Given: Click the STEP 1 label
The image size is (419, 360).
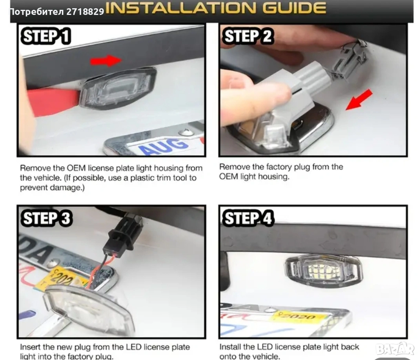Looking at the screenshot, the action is point(46,36).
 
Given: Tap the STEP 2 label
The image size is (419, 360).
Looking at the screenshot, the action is point(248,36).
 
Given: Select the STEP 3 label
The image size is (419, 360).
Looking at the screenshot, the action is point(47,218).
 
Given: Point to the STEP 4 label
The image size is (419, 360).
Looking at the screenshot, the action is point(248,218).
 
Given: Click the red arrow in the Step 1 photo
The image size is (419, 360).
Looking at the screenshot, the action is point(106,61).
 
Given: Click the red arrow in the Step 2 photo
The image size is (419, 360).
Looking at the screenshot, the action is point(359,100).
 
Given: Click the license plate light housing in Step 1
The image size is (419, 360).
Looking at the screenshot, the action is point(118,88).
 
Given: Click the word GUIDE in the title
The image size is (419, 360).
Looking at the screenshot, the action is point(294,8).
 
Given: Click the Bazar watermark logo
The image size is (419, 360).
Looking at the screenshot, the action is point(395,349).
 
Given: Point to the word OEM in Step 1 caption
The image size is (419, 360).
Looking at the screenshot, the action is point(76,168).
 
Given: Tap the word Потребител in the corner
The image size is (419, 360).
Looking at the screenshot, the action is point(37,12).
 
